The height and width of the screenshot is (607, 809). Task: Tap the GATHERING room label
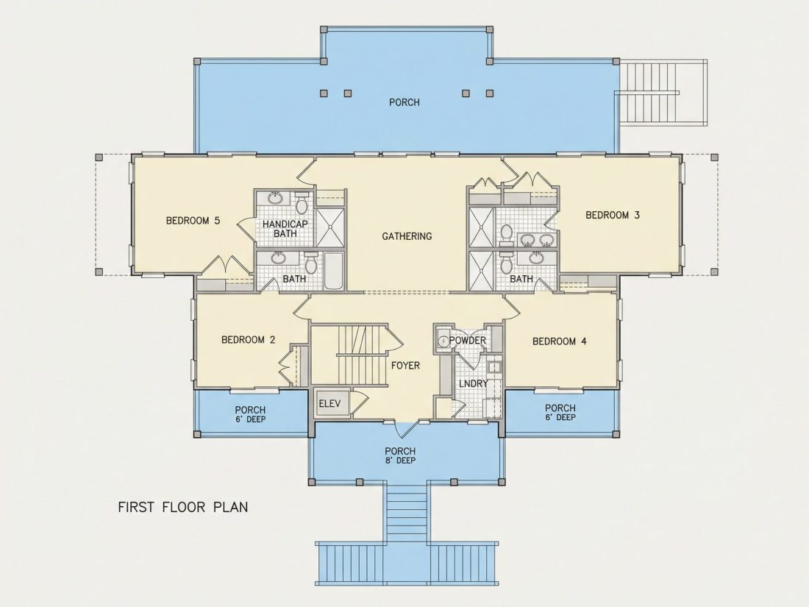click(407, 236)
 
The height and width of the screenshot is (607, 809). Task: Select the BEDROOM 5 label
click(193, 221)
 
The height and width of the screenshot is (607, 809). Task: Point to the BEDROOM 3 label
click(613, 215)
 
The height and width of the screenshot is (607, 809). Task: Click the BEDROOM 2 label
click(248, 340)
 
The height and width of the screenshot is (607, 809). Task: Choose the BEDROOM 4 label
click(559, 341)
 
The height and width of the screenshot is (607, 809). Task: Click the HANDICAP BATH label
click(285, 229)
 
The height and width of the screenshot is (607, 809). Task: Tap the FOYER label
click(405, 366)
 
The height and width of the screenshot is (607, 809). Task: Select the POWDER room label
click(468, 341)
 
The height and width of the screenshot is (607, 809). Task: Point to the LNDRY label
click(473, 383)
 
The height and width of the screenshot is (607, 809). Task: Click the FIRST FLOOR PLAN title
click(183, 507)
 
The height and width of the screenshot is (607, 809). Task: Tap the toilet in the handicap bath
click(302, 203)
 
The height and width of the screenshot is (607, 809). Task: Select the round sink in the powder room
click(443, 341)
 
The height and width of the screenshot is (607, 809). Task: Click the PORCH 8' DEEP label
click(400, 455)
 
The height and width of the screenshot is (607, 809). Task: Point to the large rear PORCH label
click(404, 102)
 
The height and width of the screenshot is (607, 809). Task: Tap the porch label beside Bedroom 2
click(250, 414)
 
